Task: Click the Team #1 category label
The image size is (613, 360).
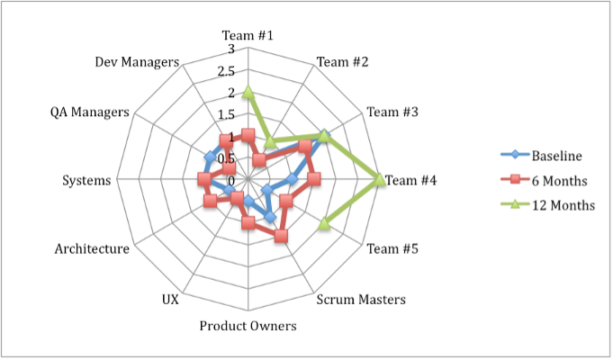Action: click(248, 36)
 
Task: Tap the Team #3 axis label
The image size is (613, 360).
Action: click(392, 112)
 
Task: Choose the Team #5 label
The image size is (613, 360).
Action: click(392, 249)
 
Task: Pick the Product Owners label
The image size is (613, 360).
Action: click(248, 325)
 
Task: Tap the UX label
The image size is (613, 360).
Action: click(170, 299)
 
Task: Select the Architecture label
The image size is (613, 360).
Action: click(92, 249)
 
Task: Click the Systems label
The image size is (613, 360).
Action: click(87, 180)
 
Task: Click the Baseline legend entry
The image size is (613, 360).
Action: click(556, 155)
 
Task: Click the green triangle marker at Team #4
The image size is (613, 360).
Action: click(380, 180)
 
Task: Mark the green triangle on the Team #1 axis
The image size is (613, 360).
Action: click(248, 92)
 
